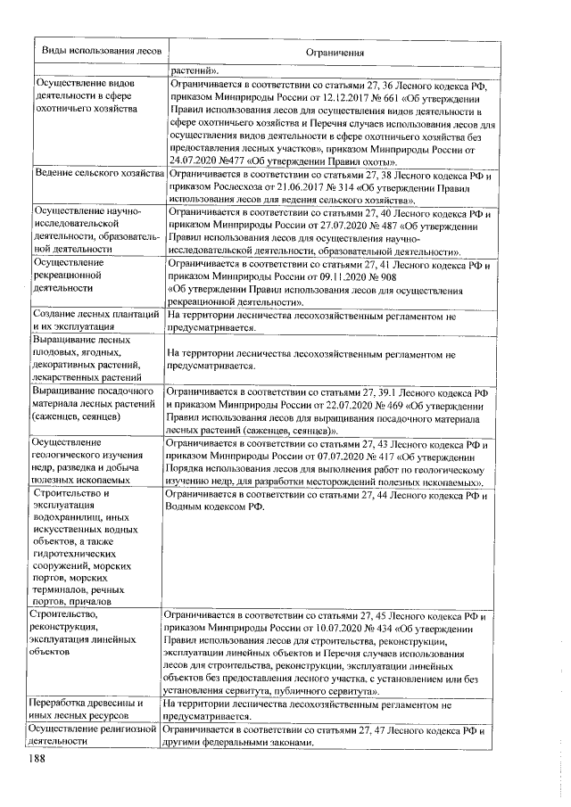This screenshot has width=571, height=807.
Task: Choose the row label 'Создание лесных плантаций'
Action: click(x=95, y=315)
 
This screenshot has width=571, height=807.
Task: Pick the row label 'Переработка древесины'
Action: click(x=93, y=704)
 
